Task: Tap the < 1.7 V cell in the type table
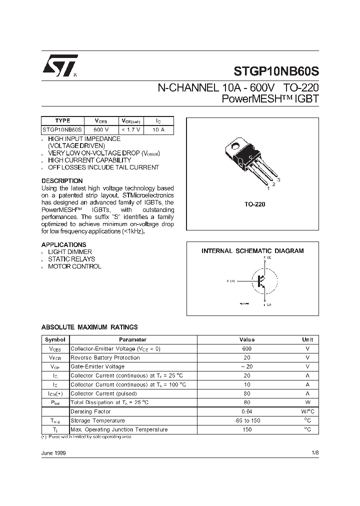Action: [131, 129]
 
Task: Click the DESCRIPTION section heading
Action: [62, 180]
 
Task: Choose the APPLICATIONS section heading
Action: [63, 244]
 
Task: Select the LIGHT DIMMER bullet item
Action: [70, 252]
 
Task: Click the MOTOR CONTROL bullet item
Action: [74, 266]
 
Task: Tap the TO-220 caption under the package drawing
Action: [255, 204]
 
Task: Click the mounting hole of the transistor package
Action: [233, 147]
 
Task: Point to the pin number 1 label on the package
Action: [268, 188]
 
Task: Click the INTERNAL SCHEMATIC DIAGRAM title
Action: [252, 251]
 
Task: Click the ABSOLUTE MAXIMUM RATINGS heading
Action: [89, 327]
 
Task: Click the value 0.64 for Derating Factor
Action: [247, 411]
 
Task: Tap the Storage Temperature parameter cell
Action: [97, 420]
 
